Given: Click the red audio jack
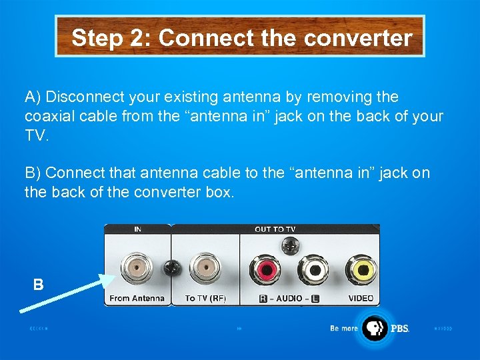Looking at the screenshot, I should [265, 270].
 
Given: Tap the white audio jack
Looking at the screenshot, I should [312, 270].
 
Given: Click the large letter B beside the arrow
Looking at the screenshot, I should [39, 285].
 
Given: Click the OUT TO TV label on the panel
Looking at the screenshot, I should [275, 229].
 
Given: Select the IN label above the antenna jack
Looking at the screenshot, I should [137, 229].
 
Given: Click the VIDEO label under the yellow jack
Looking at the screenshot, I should [361, 299].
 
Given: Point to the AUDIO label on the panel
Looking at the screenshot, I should [289, 299].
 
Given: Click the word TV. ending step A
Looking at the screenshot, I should [37, 135].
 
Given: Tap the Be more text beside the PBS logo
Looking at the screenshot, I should [344, 328].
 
